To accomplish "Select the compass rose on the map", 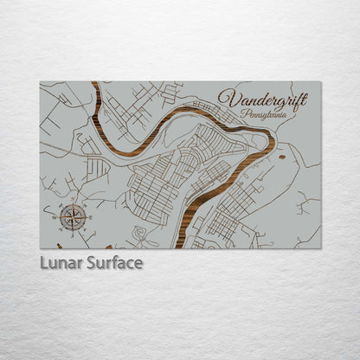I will [72, 216].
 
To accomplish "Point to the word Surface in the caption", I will [115, 262].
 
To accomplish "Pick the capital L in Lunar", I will [43, 262].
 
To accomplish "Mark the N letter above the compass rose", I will [72, 200].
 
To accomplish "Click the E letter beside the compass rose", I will [88, 216].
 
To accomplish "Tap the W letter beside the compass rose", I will [55, 216].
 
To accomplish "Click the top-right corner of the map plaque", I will [320, 82].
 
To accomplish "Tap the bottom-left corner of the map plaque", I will [41, 247].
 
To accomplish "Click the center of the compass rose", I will [72, 216].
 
